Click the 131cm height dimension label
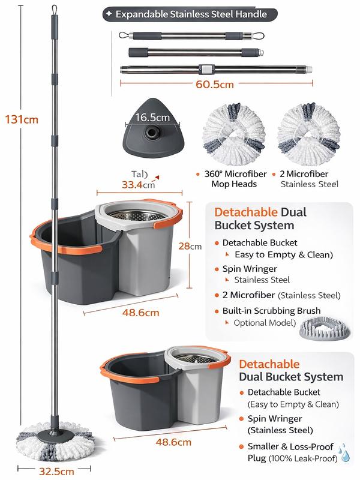[x=21, y=119]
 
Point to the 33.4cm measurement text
[x=138, y=185]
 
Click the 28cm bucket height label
[x=193, y=246]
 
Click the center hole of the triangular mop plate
[x=151, y=131]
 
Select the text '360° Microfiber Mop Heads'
[x=234, y=179]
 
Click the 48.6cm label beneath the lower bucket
[x=174, y=442]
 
